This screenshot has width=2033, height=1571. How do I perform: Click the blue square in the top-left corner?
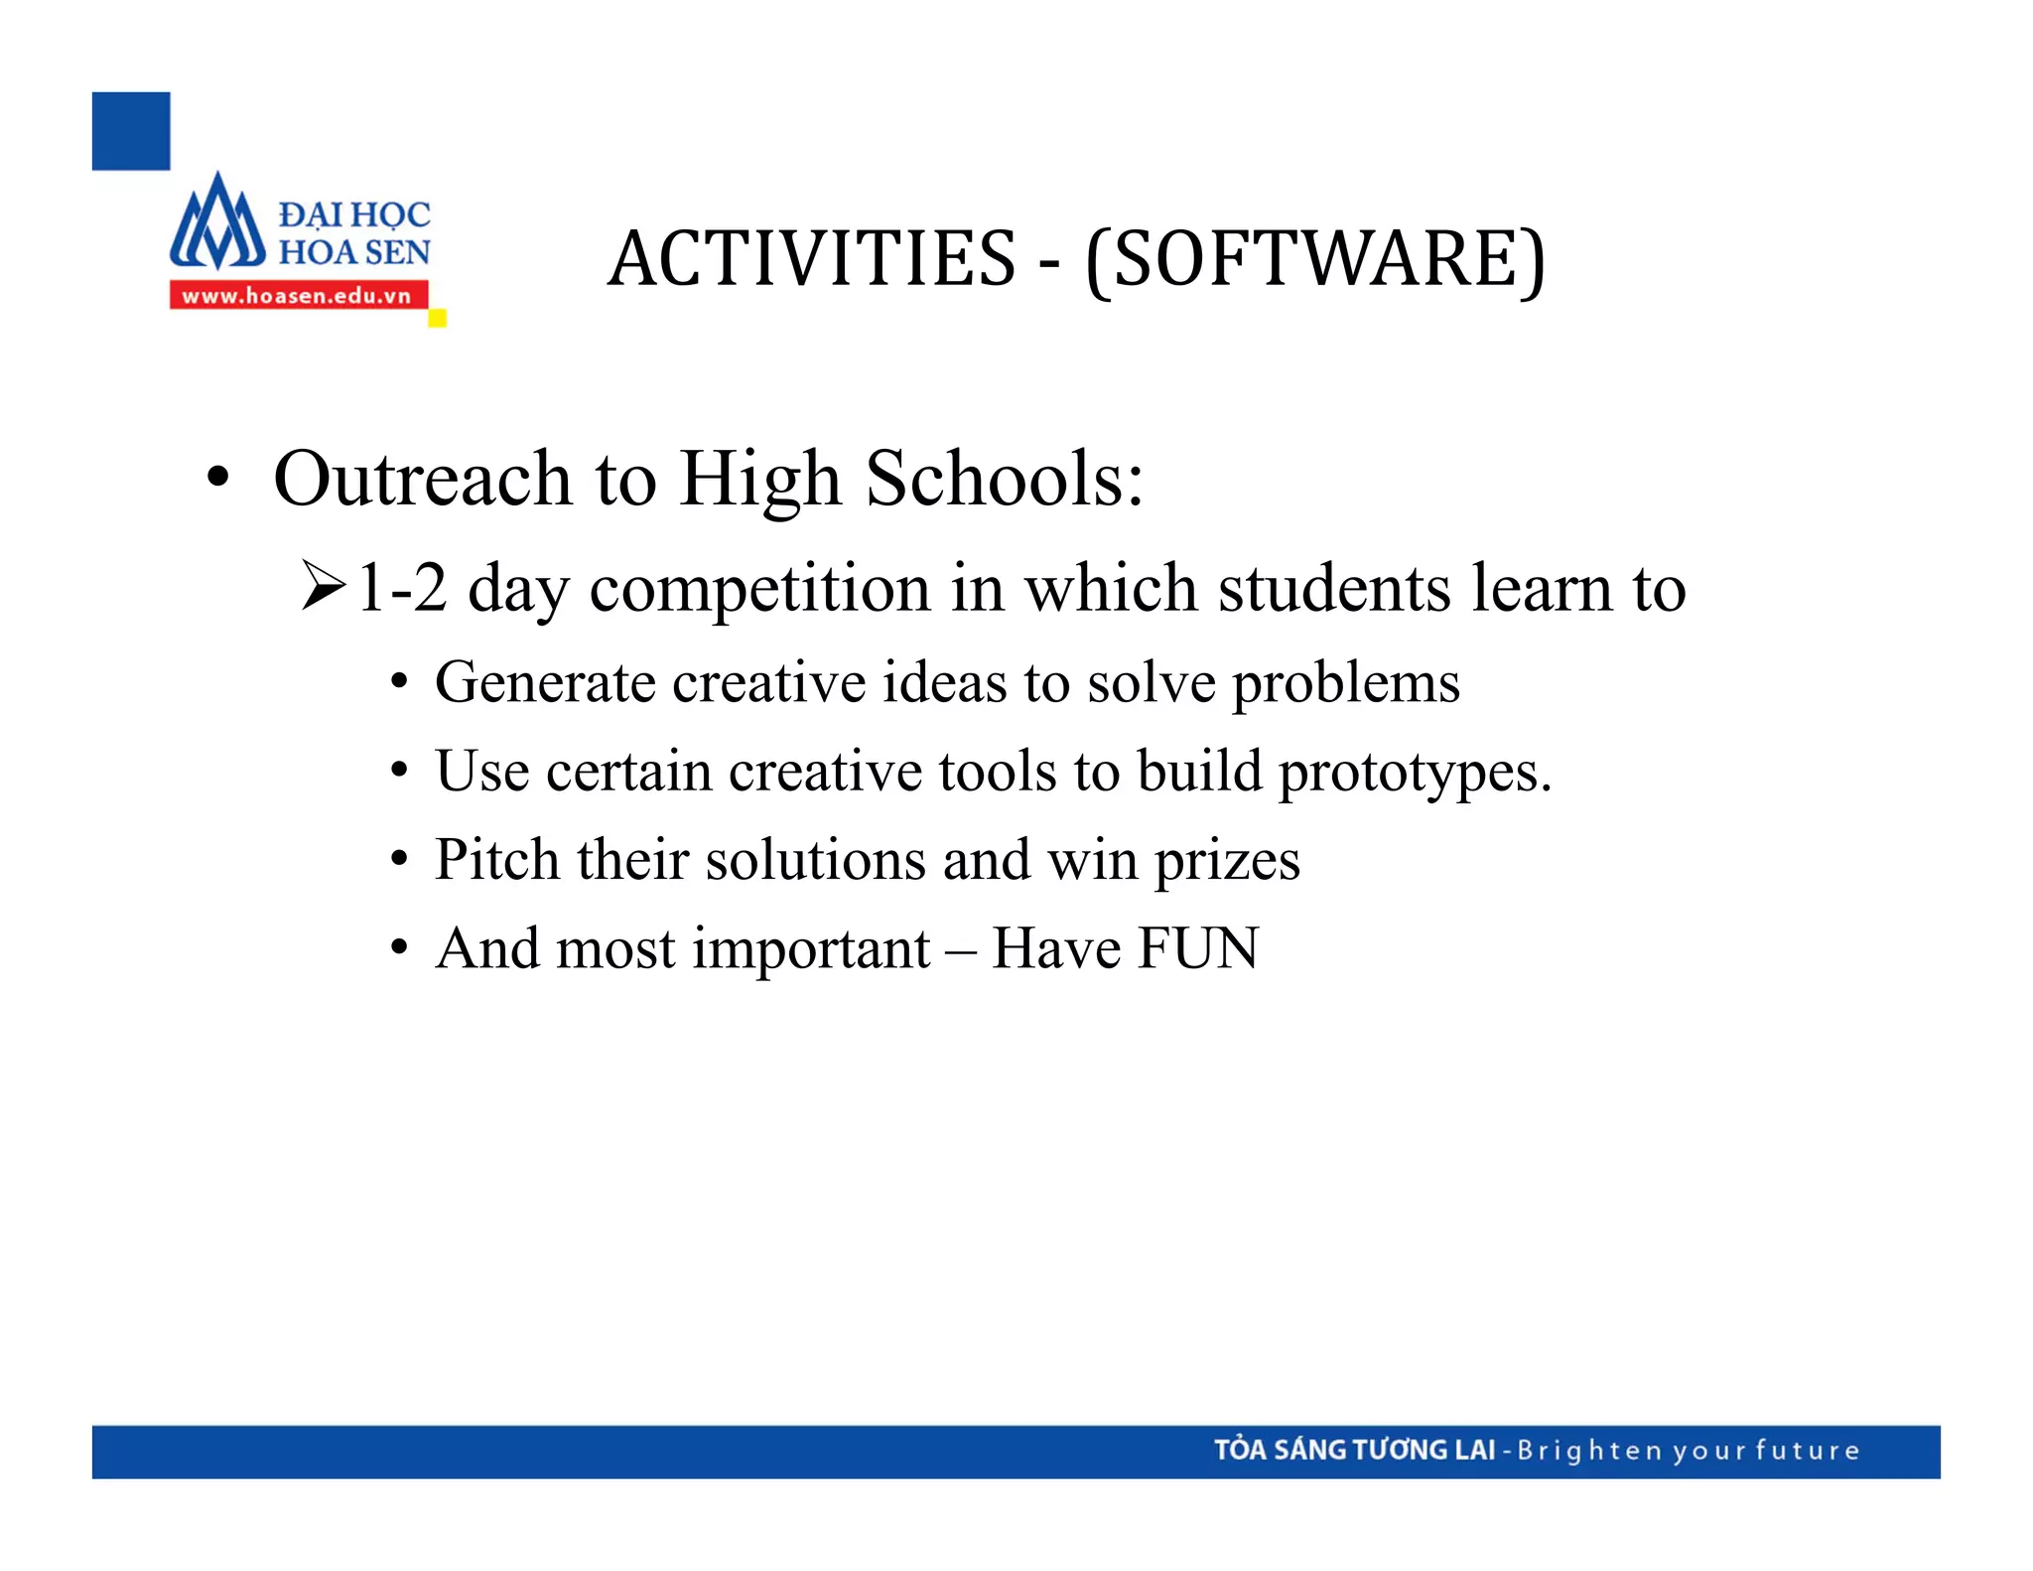tap(131, 131)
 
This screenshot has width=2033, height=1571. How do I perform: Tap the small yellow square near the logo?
tap(437, 319)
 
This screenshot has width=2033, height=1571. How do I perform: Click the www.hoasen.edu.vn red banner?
tap(298, 295)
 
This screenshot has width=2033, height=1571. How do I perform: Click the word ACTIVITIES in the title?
tap(812, 259)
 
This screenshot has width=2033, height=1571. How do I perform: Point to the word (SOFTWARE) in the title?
tap(1315, 259)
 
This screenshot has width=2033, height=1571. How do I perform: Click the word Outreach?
tap(423, 480)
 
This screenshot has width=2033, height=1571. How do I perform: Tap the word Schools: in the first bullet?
tap(1005, 480)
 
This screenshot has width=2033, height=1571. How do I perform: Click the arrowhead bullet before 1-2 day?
tap(324, 586)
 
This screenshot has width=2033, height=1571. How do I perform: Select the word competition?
tap(759, 589)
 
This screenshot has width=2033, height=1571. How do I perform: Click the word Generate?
tap(545, 683)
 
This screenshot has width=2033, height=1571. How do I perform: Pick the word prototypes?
tap(1415, 773)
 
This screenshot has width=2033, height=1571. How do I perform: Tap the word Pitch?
tap(496, 860)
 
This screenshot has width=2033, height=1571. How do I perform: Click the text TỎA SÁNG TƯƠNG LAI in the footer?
tap(1354, 1450)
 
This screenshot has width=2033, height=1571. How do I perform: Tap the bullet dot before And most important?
tap(399, 948)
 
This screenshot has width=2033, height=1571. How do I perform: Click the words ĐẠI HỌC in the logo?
tap(354, 214)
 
